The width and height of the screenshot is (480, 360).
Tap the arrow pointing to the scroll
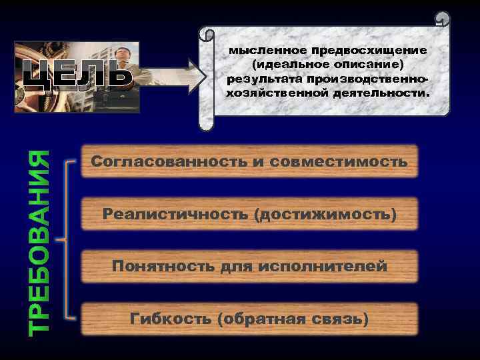[x=175, y=75]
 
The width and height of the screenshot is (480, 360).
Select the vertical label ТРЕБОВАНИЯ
[x=41, y=242]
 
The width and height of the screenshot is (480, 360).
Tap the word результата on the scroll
[x=260, y=79]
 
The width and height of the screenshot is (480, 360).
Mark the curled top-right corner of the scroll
[x=443, y=19]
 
